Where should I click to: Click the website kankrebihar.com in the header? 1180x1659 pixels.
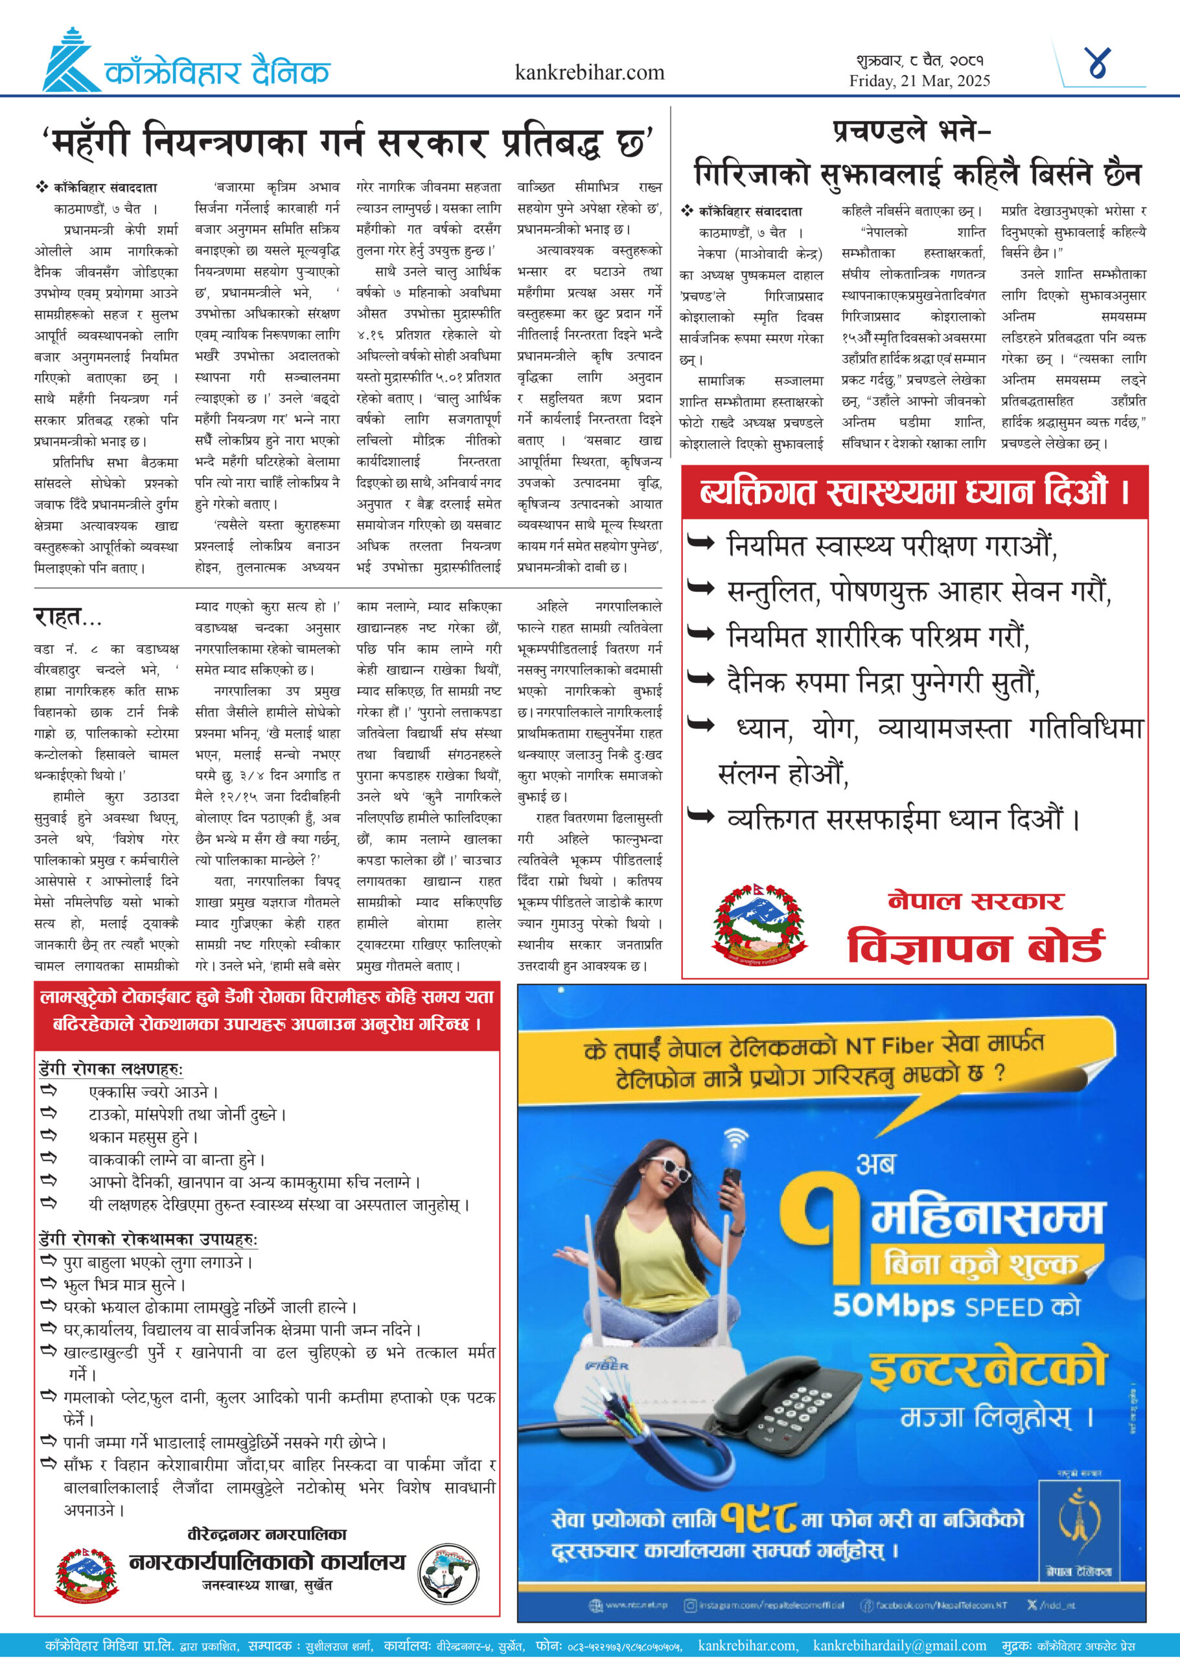[x=589, y=73]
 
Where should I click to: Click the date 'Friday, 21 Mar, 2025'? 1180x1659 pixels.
[x=919, y=80]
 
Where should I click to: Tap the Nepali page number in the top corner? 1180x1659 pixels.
[x=1096, y=64]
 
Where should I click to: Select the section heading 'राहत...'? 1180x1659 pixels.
[x=67, y=618]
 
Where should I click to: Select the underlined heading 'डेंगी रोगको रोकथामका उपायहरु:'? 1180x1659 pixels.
[x=148, y=1239]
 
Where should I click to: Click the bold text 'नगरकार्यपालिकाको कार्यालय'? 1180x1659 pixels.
[x=268, y=1561]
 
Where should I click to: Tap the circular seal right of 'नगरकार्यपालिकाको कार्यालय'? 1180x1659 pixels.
[x=449, y=1572]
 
